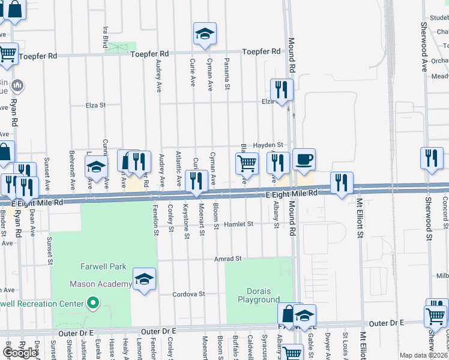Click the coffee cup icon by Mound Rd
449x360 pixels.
point(304,159)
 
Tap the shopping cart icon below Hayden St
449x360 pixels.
point(247,163)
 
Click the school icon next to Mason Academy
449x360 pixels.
point(144,279)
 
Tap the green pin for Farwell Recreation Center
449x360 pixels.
point(92,304)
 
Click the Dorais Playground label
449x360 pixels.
point(258,295)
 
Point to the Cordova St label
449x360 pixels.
point(189,294)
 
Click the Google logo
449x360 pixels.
point(20,353)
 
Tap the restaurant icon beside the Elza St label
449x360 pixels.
point(282,89)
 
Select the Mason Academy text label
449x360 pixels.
point(101,284)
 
